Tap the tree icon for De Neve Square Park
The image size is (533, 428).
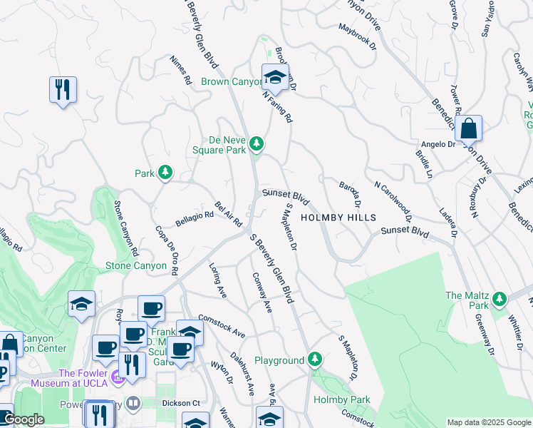pyautogui.click(x=257, y=146)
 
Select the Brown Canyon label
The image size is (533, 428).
pyautogui.click(x=232, y=82)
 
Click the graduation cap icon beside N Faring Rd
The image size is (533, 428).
pyautogui.click(x=274, y=76)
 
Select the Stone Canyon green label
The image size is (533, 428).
pyautogui.click(x=135, y=266)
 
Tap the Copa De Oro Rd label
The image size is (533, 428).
pyautogui.click(x=167, y=250)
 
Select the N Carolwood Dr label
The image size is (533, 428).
pyautogui.click(x=393, y=197)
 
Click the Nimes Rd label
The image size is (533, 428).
pyautogui.click(x=181, y=71)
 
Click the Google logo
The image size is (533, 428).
pyautogui.click(x=23, y=419)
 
